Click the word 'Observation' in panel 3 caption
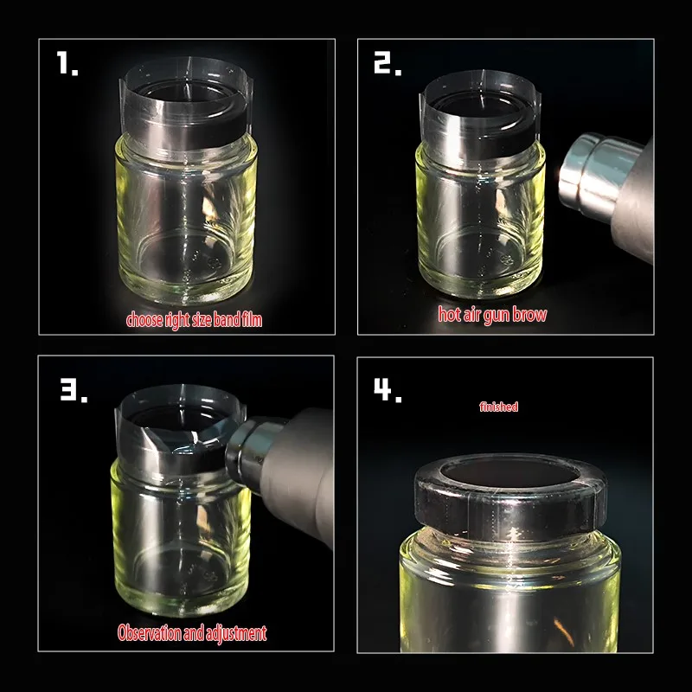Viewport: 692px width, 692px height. click(149, 633)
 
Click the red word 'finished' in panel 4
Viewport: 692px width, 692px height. click(499, 407)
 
